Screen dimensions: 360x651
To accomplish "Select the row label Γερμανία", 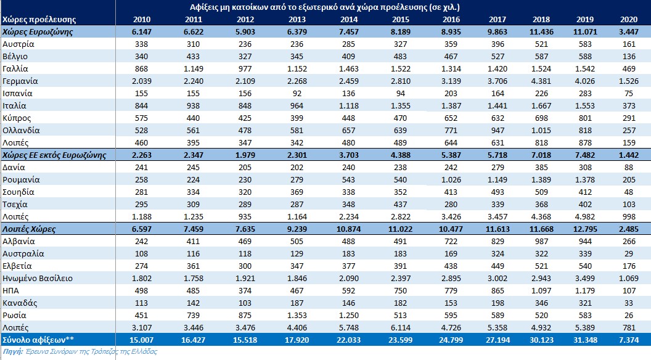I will pyautogui.click(x=20, y=81).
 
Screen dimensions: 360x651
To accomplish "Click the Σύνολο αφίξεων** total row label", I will pyautogui.click(x=32, y=339).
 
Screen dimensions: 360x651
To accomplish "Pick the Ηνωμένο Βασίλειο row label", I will pyautogui.click(x=38, y=278).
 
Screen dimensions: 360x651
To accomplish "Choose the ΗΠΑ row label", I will pyautogui.click(x=12, y=290).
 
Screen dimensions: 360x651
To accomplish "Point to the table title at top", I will pyautogui.click(x=325, y=7).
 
